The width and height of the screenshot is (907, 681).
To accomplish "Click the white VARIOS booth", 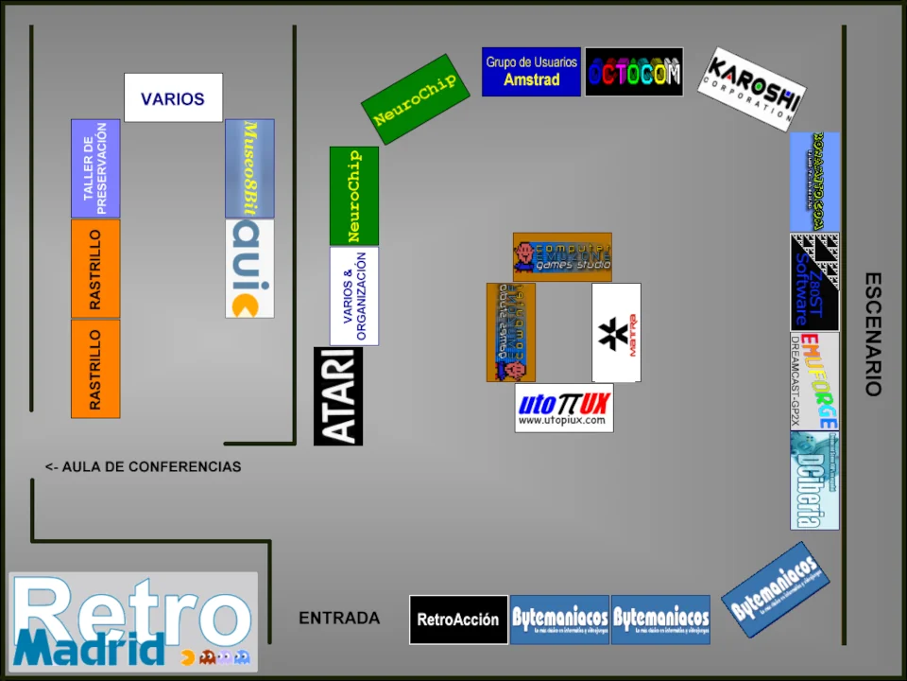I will coord(173,97).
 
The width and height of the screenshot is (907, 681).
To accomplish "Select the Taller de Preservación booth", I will coord(95,168).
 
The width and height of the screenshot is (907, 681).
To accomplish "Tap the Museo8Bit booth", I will coord(249,168).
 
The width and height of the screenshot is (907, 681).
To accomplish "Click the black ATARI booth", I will coord(338,396).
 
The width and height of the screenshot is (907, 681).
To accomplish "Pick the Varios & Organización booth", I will coord(354,296).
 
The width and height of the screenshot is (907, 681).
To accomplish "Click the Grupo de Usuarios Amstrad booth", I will coord(531,72).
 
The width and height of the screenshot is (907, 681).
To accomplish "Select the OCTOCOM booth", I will coord(634,72).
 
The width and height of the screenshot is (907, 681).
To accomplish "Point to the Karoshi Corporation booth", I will coord(752,89).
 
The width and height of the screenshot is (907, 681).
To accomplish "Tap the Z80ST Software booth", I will coord(814,282).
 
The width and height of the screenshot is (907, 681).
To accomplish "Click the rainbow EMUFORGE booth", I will coord(814,380).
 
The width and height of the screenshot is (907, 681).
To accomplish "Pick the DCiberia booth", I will coord(814,480).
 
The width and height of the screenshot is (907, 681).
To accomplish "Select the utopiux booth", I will coord(564,408).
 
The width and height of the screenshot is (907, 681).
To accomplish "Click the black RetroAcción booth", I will coord(458,620).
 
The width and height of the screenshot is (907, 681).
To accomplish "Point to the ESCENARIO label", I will coord(873,334).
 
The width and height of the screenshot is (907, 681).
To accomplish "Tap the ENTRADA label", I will coord(339,619).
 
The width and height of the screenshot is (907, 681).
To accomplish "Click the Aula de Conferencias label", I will coord(143,467).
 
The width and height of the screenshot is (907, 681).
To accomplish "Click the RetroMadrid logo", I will coord(133,621).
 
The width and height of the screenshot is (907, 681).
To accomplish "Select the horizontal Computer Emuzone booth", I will coord(562,257).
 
